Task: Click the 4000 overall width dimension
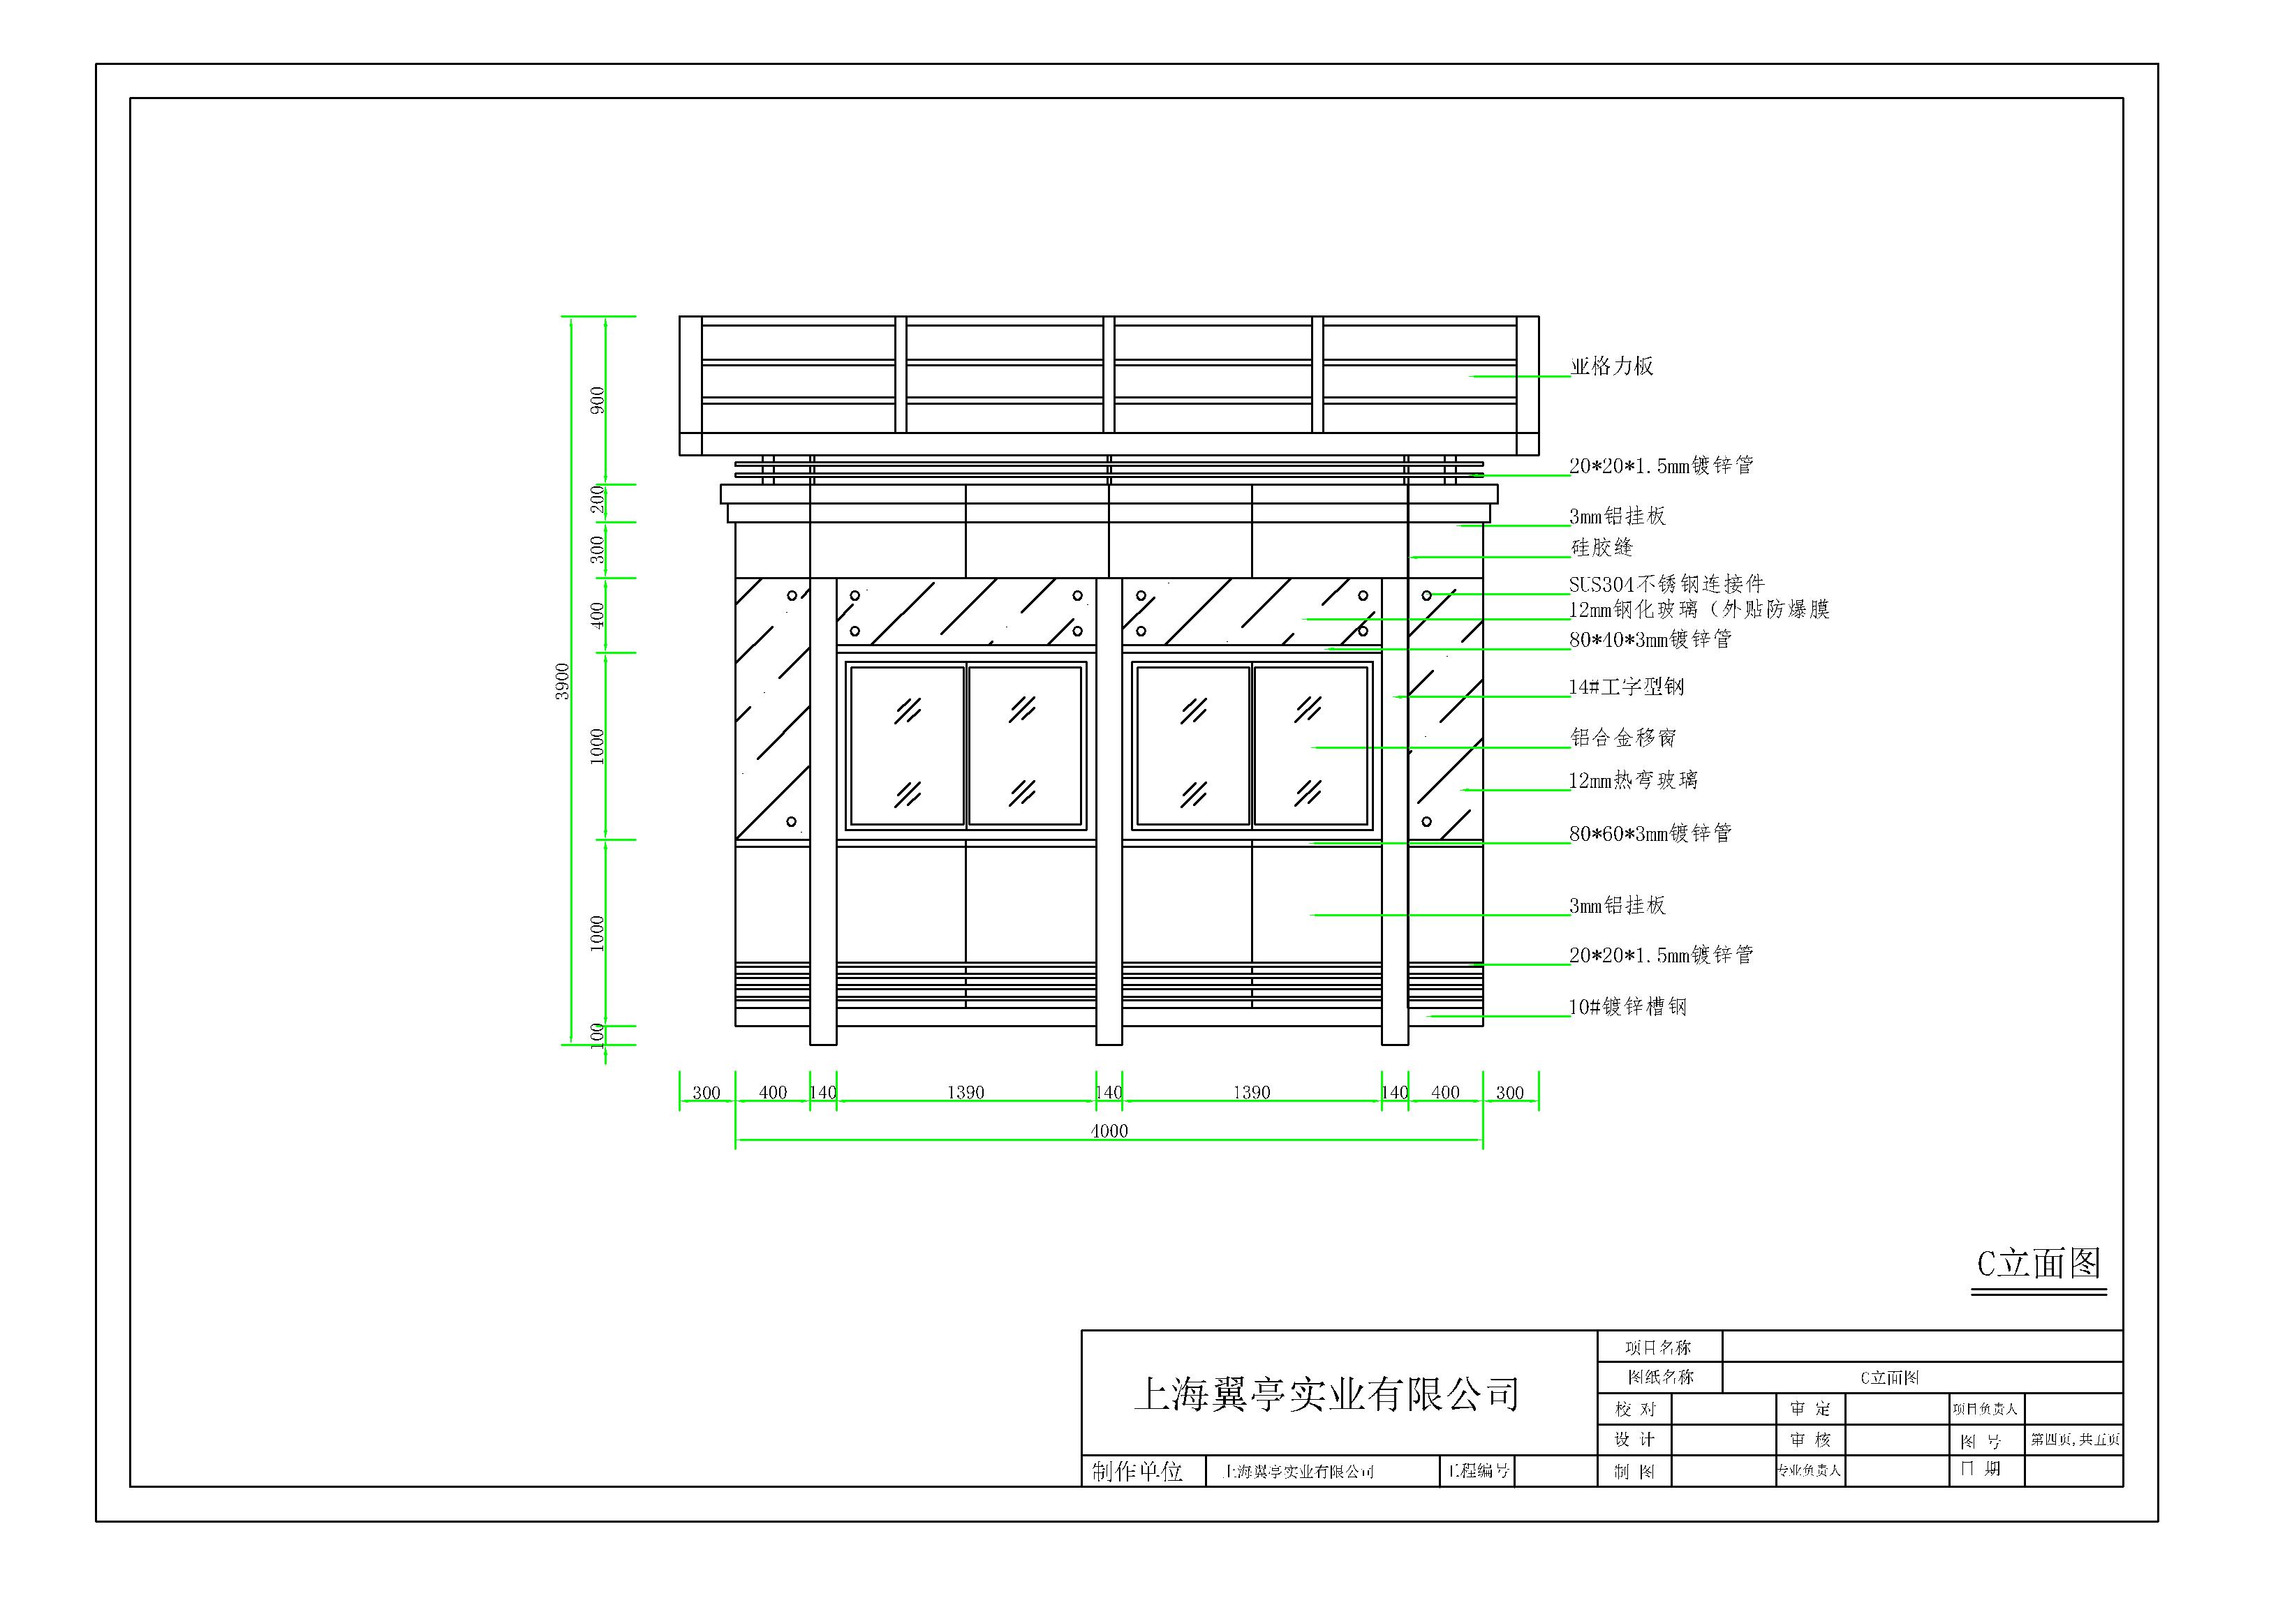point(1108,1130)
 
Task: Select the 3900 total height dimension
point(563,681)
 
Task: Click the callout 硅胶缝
point(1602,548)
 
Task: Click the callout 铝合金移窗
point(1623,738)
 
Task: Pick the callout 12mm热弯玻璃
point(1633,780)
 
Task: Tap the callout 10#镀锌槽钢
point(1628,1007)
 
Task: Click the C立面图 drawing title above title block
point(2039,1264)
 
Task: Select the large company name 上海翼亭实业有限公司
point(1326,1394)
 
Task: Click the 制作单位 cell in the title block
point(1137,1472)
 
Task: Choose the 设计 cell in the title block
point(1634,1440)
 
